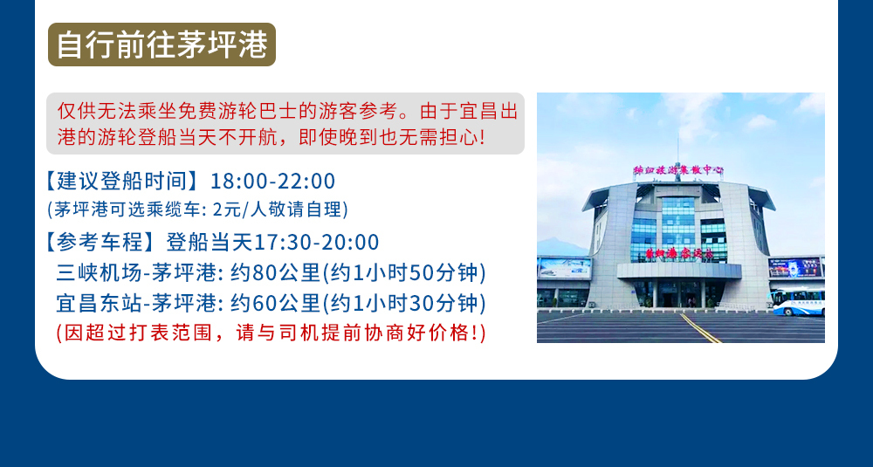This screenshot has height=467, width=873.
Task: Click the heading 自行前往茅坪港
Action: pyautogui.click(x=162, y=45)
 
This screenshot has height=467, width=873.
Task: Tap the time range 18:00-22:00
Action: pyautogui.click(x=272, y=182)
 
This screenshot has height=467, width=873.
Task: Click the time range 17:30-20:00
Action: pyautogui.click(x=316, y=243)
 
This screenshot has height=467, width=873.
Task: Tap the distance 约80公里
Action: pyautogui.click(x=276, y=273)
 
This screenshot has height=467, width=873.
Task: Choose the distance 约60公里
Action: pyautogui.click(x=276, y=304)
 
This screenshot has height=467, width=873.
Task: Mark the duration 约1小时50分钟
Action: pyautogui.click(x=404, y=273)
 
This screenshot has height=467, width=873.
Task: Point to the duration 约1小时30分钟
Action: pyautogui.click(x=404, y=304)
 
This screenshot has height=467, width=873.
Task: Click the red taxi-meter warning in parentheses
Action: pyautogui.click(x=272, y=333)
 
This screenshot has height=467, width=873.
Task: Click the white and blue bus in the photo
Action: pyautogui.click(x=797, y=302)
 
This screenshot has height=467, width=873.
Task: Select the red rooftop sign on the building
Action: pyautogui.click(x=677, y=170)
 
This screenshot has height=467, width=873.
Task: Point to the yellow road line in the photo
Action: pyautogui.click(x=701, y=328)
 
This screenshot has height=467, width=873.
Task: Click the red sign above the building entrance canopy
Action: pyautogui.click(x=679, y=254)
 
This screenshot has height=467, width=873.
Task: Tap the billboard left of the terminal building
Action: pyautogui.click(x=564, y=268)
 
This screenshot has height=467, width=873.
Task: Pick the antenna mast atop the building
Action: pyautogui.click(x=677, y=150)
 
